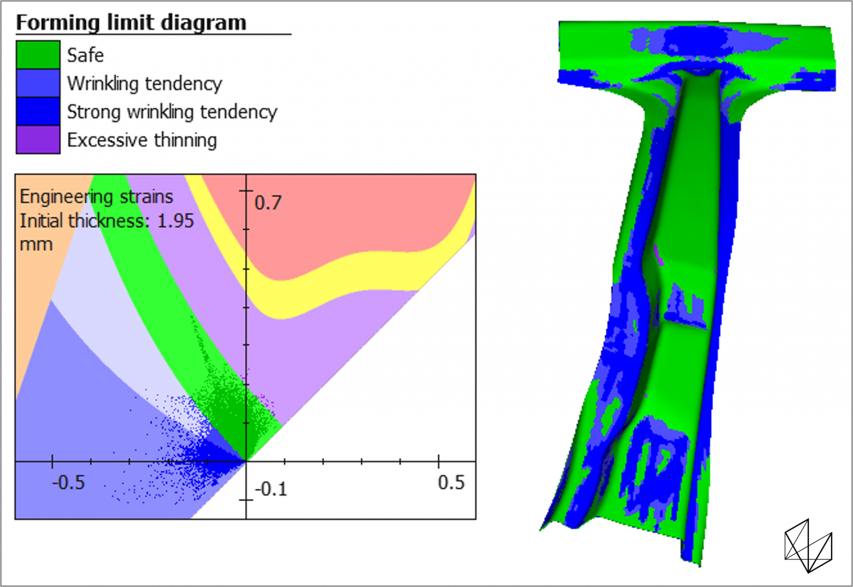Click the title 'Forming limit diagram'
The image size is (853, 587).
131,22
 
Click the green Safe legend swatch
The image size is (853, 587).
38,55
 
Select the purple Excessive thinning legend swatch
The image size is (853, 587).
38,140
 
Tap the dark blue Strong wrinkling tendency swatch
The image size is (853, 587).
38,111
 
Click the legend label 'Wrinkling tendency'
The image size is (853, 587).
145,84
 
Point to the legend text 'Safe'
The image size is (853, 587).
85,55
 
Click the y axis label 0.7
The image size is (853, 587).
268,203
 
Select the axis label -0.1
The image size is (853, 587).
271,489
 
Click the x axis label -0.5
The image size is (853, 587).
68,483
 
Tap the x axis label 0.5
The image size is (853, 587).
451,483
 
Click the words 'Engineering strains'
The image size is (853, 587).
96,196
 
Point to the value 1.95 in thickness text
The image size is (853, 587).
175,221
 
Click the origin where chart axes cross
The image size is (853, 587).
246,461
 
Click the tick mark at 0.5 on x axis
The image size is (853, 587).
439,461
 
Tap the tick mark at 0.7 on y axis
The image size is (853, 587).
246,191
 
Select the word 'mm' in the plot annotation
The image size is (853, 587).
36,244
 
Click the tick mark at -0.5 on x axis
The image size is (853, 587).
52,461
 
